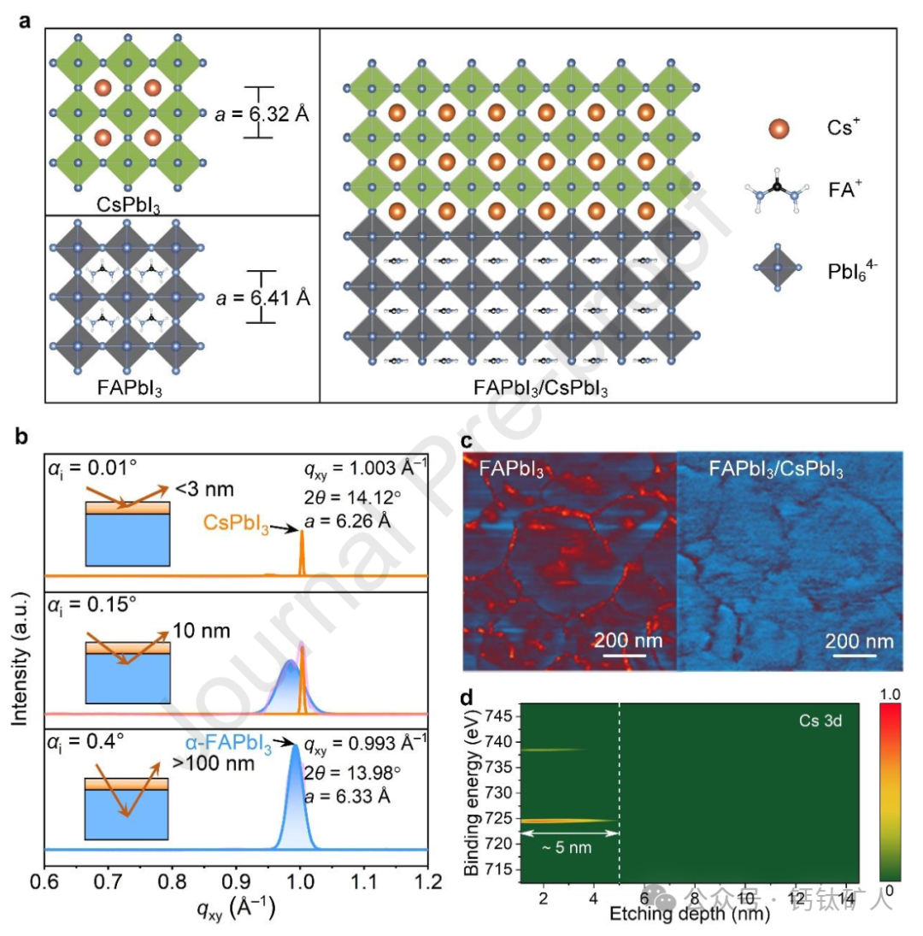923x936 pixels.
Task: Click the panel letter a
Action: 26,19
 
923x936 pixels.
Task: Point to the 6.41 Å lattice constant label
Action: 264,297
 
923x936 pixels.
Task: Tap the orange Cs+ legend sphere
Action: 778,128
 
